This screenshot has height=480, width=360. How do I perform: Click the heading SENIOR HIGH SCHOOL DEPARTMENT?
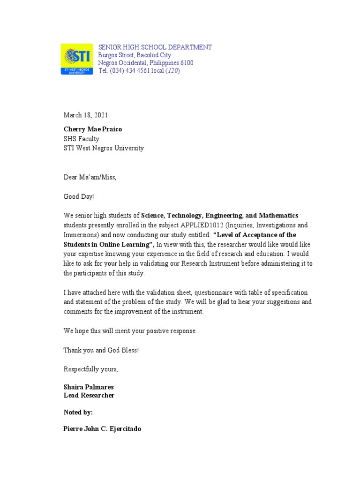[155, 47]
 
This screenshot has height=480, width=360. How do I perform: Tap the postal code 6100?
[185, 63]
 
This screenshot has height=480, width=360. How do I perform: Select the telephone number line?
[139, 71]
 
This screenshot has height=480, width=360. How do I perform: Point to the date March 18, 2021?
[86, 115]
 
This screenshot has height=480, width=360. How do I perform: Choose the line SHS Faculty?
[82, 138]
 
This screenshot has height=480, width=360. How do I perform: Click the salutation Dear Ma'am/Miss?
[90, 177]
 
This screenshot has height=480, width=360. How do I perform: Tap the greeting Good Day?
[79, 197]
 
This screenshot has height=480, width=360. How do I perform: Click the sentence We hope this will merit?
[130, 331]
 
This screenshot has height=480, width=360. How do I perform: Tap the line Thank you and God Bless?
[101, 350]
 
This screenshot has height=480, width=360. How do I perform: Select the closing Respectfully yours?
[91, 369]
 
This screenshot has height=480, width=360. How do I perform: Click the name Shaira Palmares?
[89, 387]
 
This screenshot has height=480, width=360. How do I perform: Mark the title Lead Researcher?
[89, 395]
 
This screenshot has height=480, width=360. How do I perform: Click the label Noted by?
[78, 412]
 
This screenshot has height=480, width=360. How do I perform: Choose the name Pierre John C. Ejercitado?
[102, 429]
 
